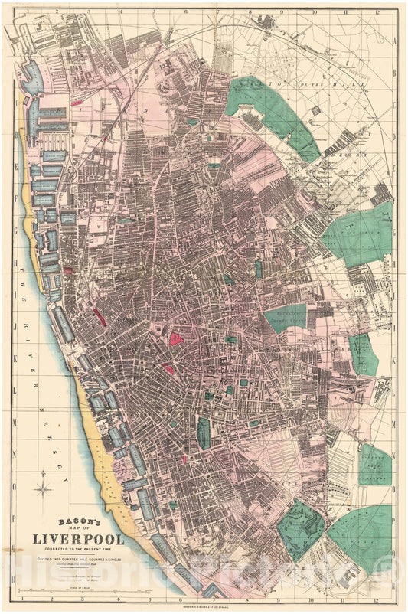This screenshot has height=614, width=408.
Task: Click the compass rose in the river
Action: [44, 487]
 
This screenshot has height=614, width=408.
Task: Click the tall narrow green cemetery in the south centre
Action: [203, 432]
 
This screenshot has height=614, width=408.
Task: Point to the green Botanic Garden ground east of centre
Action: [285, 317]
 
